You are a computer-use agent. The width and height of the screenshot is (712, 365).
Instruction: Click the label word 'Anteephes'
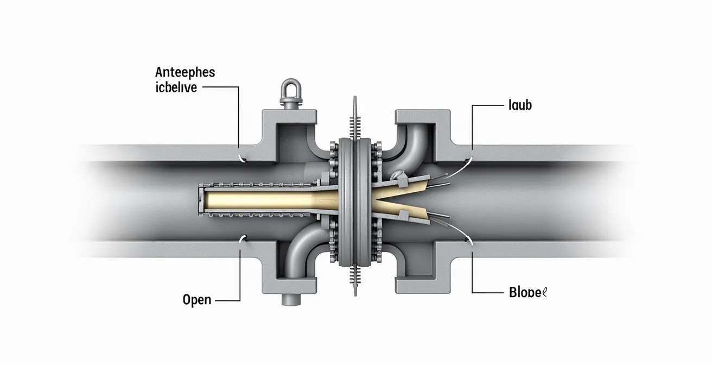(185, 72)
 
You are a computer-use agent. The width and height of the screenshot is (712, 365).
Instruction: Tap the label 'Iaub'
(520, 105)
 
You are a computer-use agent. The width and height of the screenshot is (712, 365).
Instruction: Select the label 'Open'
(197, 299)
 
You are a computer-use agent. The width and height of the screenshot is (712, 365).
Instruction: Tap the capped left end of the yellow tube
(200, 199)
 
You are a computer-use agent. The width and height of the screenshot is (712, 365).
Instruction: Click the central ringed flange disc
(355, 201)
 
